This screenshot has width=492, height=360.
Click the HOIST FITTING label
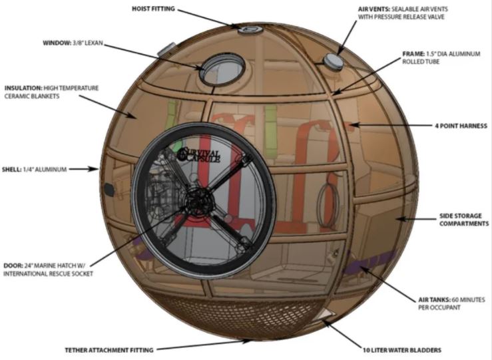(x=153, y=9)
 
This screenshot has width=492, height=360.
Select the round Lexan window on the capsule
(x=222, y=70)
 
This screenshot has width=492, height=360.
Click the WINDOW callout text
(x=73, y=43)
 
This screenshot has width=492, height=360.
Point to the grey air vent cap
(x=333, y=61)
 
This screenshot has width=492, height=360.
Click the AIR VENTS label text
(x=403, y=13)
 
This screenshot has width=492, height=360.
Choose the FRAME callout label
(x=441, y=58)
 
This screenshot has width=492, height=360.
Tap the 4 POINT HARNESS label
(x=461, y=126)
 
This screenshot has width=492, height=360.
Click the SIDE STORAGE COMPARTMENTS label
(x=464, y=220)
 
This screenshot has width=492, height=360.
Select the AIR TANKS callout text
(x=451, y=303)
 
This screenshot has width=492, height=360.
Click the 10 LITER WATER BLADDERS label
(x=402, y=350)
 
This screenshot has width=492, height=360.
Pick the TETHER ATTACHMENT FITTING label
(x=109, y=350)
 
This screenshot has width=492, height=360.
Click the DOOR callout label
(x=48, y=270)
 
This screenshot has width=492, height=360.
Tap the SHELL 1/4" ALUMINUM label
(x=34, y=169)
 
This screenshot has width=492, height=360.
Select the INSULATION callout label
(x=51, y=92)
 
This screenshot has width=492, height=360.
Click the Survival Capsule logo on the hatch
(x=198, y=154)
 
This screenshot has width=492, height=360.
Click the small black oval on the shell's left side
(x=109, y=190)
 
